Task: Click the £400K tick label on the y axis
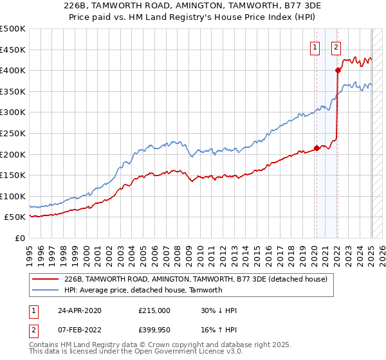tap(13, 70)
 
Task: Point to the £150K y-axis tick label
tap(13, 175)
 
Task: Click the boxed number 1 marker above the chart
tap(315, 46)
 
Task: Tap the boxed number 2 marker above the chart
tap(336, 46)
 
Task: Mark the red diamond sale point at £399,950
tap(338, 71)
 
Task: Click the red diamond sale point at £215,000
tap(317, 148)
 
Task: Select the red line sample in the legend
tap(46, 280)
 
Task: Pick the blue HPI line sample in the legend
tap(46, 290)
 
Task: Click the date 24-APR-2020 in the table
tap(80, 310)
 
